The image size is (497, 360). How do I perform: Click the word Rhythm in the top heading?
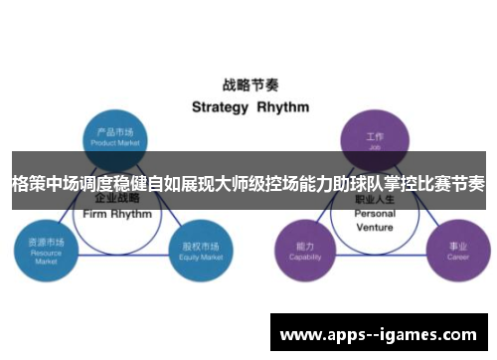click(x=283, y=106)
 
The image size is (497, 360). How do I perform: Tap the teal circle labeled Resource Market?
click(x=44, y=248)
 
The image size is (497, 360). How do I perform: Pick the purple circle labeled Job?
click(x=374, y=138)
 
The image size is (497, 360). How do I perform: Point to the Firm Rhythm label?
click(x=118, y=214)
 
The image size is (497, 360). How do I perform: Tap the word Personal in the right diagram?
click(x=374, y=214)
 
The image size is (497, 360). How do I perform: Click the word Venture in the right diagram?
click(x=374, y=226)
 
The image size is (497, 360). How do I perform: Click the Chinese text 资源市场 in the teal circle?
click(x=44, y=242)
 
